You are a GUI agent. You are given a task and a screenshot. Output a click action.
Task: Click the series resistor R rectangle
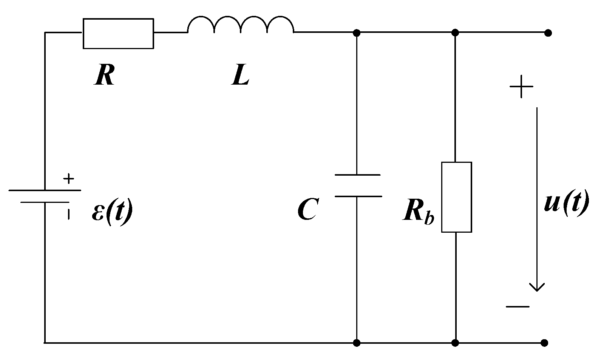(118, 33)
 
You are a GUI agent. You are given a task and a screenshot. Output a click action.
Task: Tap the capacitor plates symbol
(357, 185)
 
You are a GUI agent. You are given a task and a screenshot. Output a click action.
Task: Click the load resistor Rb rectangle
(456, 197)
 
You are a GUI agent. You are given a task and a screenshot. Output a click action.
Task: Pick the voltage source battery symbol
(45, 196)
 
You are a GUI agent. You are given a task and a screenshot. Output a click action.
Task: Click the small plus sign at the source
(68, 178)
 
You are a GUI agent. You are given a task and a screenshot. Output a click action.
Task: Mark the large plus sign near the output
(521, 87)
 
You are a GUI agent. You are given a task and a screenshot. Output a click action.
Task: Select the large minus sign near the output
(518, 306)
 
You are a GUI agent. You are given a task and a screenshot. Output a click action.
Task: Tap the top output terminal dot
(548, 33)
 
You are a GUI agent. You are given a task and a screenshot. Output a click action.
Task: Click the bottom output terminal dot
(544, 343)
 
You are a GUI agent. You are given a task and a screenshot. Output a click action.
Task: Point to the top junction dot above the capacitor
(356, 33)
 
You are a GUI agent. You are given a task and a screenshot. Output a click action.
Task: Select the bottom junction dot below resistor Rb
(456, 343)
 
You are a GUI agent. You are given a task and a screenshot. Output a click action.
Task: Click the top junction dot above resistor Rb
(456, 33)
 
